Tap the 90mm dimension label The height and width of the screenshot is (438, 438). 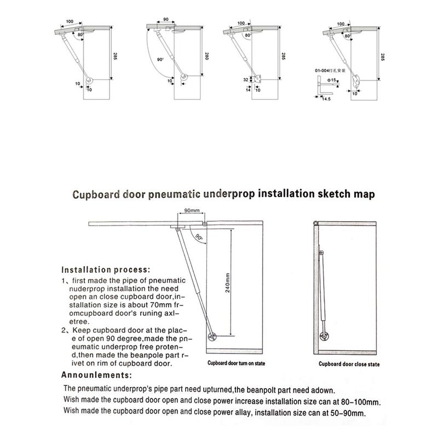(x=191, y=210)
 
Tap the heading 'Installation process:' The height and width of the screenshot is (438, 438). (x=105, y=269)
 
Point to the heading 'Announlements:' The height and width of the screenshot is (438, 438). (x=96, y=376)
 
